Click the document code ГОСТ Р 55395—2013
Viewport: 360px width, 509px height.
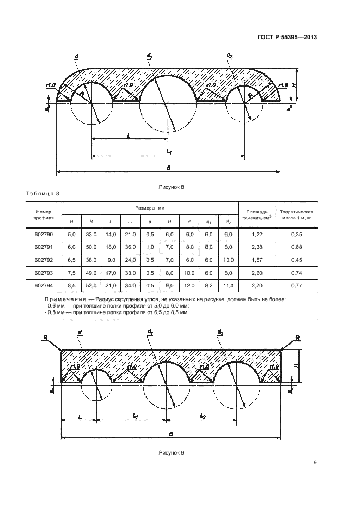[x=287, y=37]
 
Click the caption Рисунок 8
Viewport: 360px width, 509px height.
[x=172, y=187]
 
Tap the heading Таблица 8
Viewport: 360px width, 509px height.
[x=42, y=194]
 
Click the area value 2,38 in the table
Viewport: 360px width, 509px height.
[x=256, y=247]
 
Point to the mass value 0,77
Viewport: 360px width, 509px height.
[x=296, y=284]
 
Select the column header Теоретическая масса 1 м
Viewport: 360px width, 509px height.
[x=296, y=214]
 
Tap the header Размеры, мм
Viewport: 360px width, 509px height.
[x=150, y=208]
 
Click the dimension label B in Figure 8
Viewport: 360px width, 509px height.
[x=169, y=168]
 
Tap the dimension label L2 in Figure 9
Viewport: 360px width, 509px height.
[x=203, y=416]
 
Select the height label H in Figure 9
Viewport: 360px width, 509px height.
[x=295, y=366]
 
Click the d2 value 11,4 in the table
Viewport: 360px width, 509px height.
[x=228, y=284]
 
